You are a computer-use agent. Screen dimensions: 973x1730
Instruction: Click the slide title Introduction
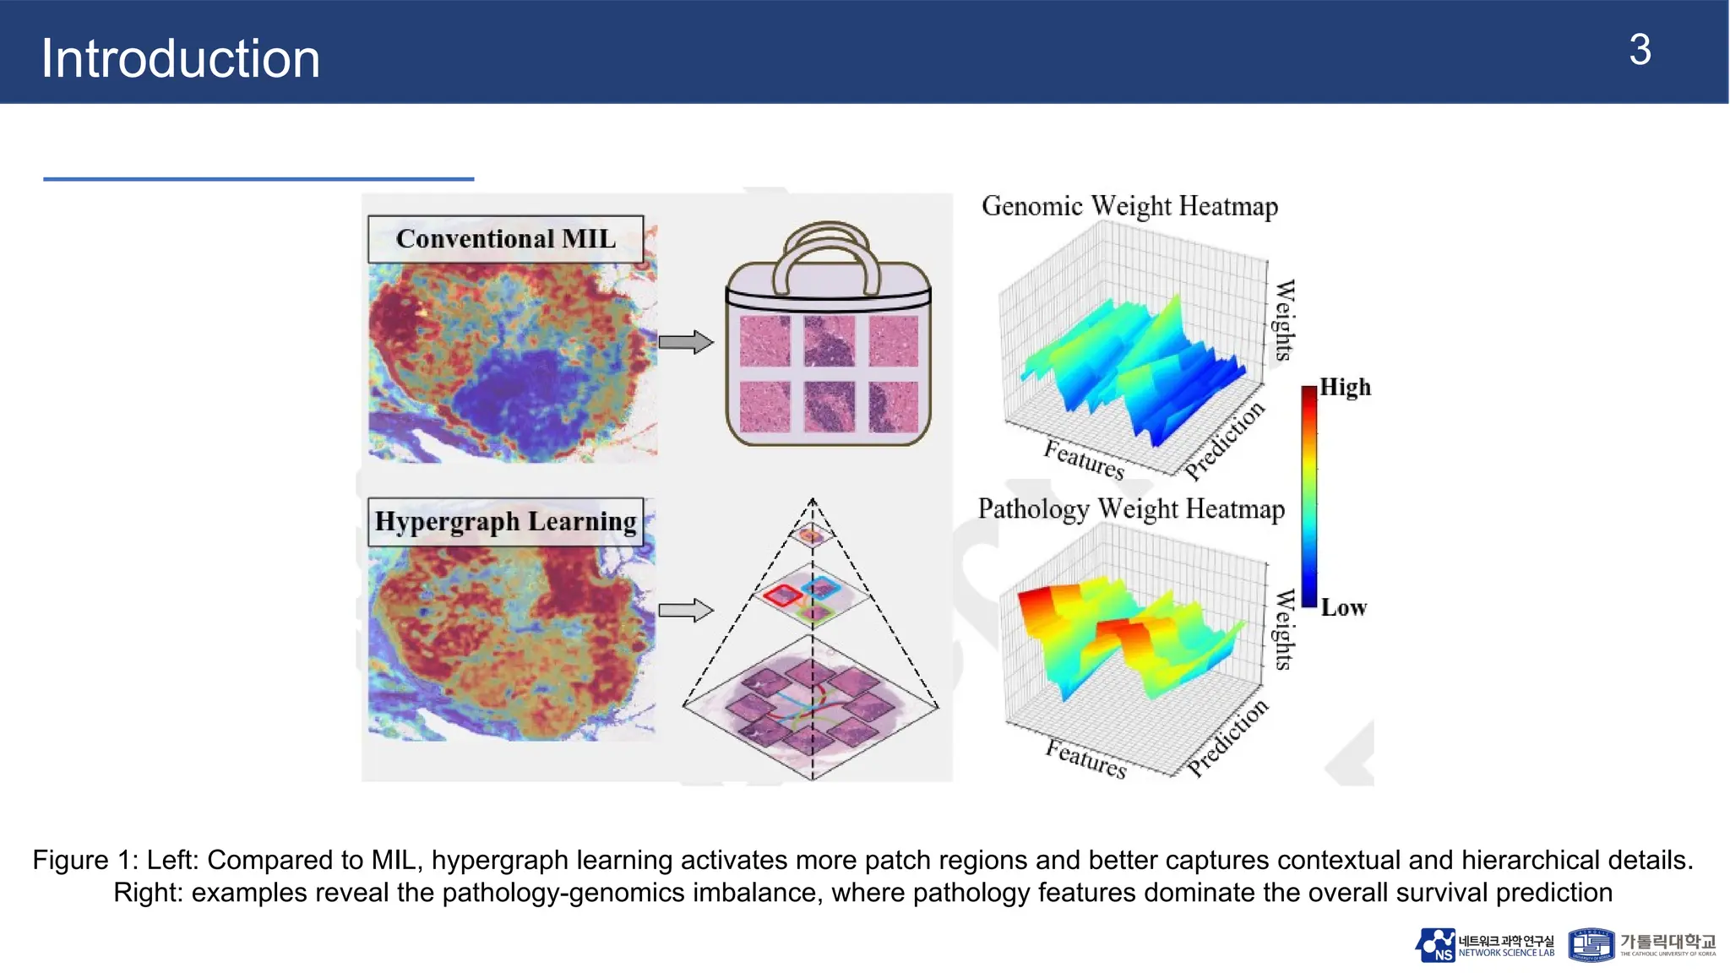tap(180, 58)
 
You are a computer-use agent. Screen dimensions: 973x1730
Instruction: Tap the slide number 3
tap(1639, 51)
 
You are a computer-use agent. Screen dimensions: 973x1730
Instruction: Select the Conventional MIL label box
tap(505, 239)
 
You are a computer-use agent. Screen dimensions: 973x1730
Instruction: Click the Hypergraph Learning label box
tap(505, 521)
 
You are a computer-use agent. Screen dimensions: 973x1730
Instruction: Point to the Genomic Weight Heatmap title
tap(1129, 206)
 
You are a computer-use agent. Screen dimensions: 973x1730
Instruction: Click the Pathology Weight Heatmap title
tap(1131, 508)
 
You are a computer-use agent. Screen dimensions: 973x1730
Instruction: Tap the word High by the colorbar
tap(1345, 387)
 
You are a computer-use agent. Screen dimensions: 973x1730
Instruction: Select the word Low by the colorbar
tap(1343, 607)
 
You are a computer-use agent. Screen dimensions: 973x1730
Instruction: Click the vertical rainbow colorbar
tap(1308, 497)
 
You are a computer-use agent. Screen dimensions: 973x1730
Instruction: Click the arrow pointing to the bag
tap(685, 342)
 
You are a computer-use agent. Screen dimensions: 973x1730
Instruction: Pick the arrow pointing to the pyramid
tap(685, 610)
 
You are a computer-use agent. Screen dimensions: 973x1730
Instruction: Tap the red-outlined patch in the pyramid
tap(782, 595)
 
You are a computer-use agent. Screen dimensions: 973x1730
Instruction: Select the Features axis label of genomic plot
tap(1084, 459)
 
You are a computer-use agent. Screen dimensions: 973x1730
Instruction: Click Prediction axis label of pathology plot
tap(1227, 736)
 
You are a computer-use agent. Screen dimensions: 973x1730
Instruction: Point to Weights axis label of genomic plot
tap(1284, 320)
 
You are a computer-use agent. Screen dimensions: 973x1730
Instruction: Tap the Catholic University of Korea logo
tap(1642, 945)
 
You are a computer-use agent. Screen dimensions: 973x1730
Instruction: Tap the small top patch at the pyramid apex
tap(811, 535)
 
